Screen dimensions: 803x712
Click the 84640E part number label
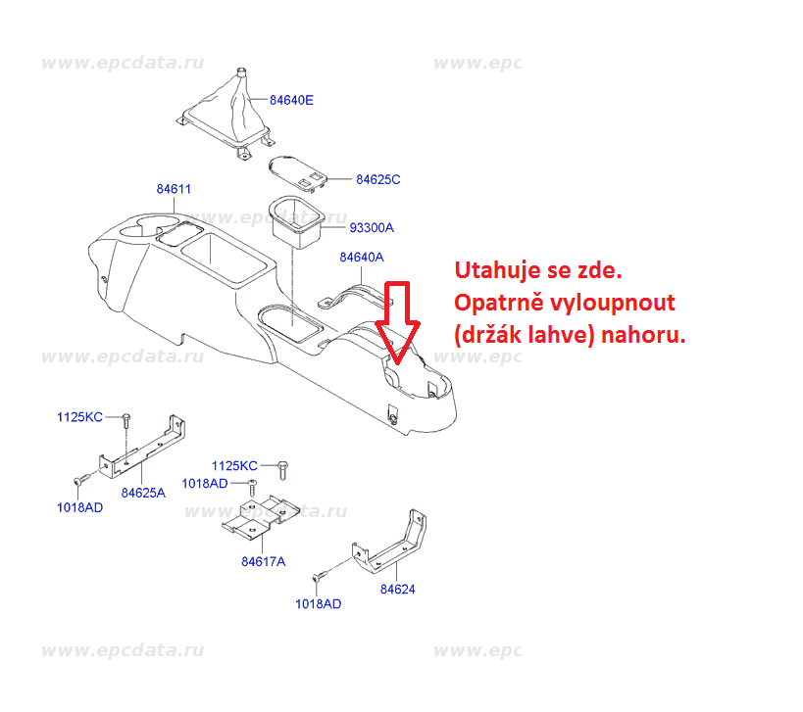pyautogui.click(x=291, y=100)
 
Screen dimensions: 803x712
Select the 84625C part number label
pyautogui.click(x=377, y=179)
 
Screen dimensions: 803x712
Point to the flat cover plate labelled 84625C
pyautogui.click(x=297, y=174)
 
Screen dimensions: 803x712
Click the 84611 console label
pyautogui.click(x=174, y=189)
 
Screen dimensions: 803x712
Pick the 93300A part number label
pyautogui.click(x=372, y=227)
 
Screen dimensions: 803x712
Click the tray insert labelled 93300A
pyautogui.click(x=296, y=221)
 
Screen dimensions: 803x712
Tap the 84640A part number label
pyautogui.click(x=362, y=258)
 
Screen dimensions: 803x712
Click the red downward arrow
pyautogui.click(x=398, y=322)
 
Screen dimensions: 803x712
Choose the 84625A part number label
pyautogui.click(x=143, y=493)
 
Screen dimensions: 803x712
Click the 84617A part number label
pyautogui.click(x=263, y=561)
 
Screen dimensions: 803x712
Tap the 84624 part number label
pyautogui.click(x=397, y=590)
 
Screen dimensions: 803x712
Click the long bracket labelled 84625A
pyautogui.click(x=142, y=447)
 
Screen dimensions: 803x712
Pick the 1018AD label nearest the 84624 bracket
pyautogui.click(x=318, y=604)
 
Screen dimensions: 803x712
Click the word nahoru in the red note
pyautogui.click(x=643, y=336)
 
